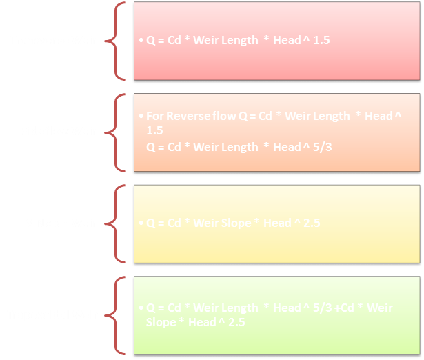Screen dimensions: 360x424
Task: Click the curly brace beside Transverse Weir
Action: click(117, 40)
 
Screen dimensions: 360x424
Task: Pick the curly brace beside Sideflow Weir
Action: click(117, 131)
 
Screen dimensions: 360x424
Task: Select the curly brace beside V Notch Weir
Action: click(117, 223)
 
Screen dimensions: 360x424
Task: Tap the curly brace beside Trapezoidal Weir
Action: click(117, 314)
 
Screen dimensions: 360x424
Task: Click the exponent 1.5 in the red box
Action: click(321, 41)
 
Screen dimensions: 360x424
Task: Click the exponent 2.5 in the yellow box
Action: click(307, 223)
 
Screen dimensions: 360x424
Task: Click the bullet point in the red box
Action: click(140, 41)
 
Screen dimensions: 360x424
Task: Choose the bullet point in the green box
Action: click(140, 308)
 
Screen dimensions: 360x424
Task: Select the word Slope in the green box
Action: click(159, 322)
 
